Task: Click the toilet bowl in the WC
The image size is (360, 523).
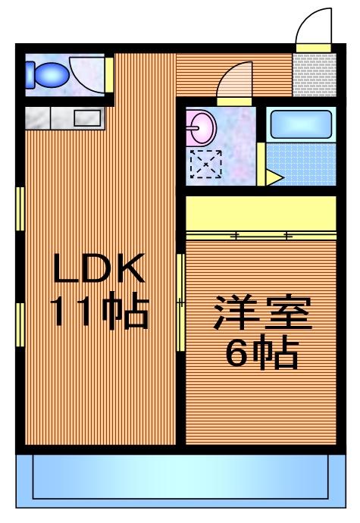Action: click(47, 74)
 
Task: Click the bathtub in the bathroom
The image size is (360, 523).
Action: click(301, 124)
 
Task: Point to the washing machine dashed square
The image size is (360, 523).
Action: click(205, 164)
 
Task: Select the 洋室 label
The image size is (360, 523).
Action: click(262, 315)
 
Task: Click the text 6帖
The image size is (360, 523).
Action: click(262, 352)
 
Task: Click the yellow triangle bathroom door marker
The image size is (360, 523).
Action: click(273, 178)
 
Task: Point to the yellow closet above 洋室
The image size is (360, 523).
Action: click(261, 216)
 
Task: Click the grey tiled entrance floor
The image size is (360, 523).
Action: click(314, 75)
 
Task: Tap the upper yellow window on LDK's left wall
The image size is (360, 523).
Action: click(20, 208)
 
